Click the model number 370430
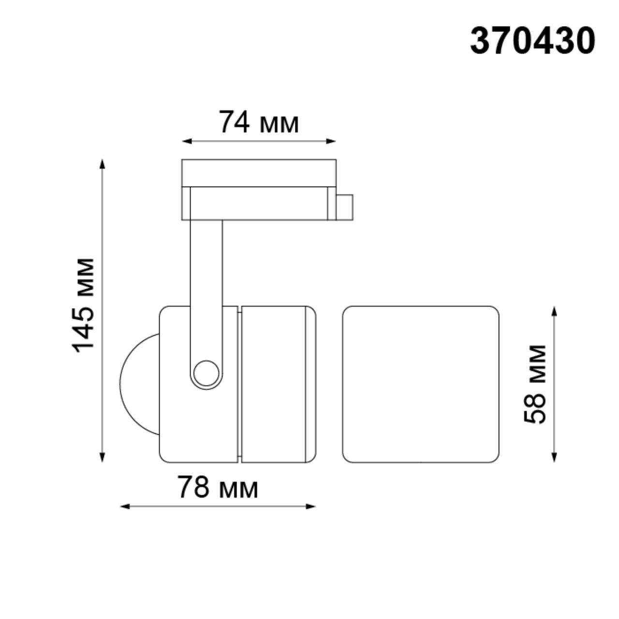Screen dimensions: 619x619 pos(532,41)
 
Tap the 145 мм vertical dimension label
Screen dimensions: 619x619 pos(83,305)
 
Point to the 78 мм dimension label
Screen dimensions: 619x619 pos(218,487)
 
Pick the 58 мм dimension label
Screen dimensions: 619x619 pos(535,383)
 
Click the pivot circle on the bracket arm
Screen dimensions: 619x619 pos(206,373)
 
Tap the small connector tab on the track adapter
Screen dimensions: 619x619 pos(345,207)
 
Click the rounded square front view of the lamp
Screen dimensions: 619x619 pos(420,384)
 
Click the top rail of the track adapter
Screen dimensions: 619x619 pos(259,173)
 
